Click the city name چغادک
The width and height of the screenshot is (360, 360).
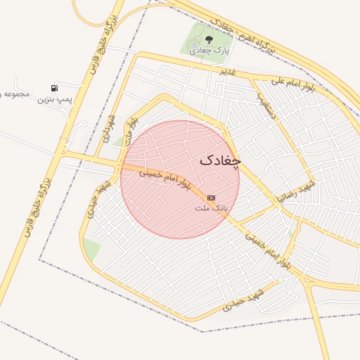tap(220, 160)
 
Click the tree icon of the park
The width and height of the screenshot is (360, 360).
tap(208, 39)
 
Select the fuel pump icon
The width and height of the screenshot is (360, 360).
tap(55, 89)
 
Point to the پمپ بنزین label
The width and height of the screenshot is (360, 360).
tap(56, 101)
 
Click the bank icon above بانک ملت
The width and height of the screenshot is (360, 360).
tap(211, 198)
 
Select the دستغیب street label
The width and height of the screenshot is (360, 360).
tap(269, 105)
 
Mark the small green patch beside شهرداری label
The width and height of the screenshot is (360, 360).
tap(118, 141)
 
